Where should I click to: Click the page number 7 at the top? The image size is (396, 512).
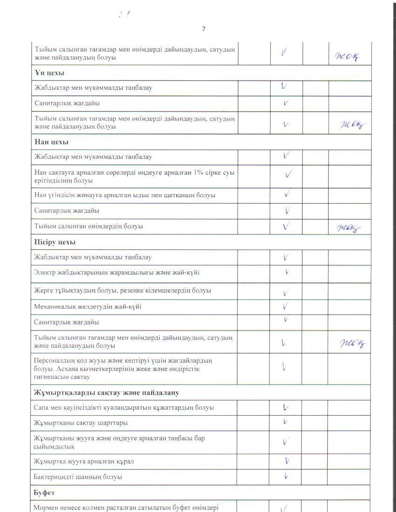(x=204, y=29)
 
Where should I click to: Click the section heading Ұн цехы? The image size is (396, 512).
(x=49, y=73)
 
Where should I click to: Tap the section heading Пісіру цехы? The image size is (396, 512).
(x=55, y=242)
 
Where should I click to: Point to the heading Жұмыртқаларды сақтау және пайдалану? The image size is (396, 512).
(x=107, y=393)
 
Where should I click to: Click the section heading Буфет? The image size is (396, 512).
(x=45, y=492)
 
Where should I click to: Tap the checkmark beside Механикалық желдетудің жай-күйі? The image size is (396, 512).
(x=286, y=307)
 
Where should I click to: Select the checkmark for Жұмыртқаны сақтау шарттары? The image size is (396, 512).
(x=286, y=422)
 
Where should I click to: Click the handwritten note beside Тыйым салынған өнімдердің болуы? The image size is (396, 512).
(x=348, y=228)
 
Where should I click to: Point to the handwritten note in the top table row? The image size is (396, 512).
(x=347, y=57)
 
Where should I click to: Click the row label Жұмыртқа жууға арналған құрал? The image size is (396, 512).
(x=84, y=461)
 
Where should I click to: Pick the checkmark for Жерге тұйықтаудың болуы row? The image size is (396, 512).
(x=286, y=292)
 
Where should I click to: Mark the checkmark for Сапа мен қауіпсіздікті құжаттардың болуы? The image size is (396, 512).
(x=286, y=407)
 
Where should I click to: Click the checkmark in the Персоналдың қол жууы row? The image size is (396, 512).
(x=285, y=366)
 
